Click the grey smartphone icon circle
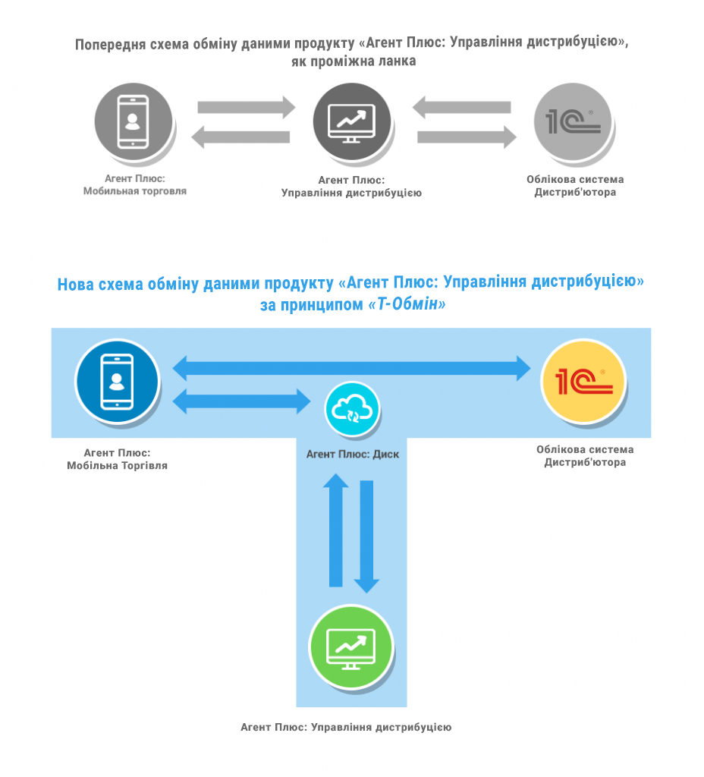tap(134, 122)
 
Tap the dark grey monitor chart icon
tap(352, 122)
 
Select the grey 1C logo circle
tap(573, 122)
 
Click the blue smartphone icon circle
tap(117, 381)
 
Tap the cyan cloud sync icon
tap(352, 409)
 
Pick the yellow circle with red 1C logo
tap(583, 381)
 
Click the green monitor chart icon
tap(351, 647)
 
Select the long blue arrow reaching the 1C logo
tap(352, 368)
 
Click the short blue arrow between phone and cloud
tap(242, 401)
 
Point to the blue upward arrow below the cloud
tap(336, 530)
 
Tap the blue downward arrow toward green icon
tap(366, 536)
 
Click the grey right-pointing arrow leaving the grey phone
tap(247, 107)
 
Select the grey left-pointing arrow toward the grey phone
tap(240, 137)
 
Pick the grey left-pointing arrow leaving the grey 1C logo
tap(462, 107)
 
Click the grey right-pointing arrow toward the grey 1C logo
tap(467, 137)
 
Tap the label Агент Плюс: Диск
tap(352, 455)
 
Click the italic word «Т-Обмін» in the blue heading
tap(407, 304)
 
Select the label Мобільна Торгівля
tap(118, 466)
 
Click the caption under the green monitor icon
tap(346, 727)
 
